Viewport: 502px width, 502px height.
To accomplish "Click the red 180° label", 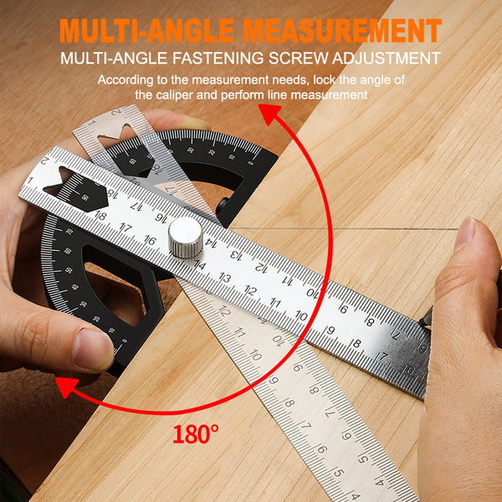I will (197, 434).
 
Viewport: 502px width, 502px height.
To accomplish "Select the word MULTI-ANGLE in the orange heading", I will (150, 30).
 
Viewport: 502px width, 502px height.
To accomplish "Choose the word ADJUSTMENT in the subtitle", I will (389, 59).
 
